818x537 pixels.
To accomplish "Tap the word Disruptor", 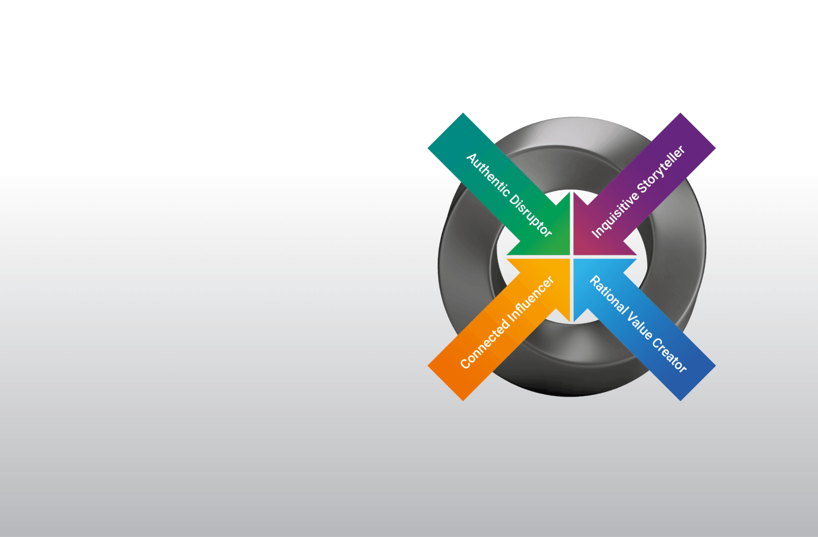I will click(x=531, y=215).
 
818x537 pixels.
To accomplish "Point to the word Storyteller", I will click(x=661, y=169).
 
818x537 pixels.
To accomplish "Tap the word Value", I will click(x=640, y=325).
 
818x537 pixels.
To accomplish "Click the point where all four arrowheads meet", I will click(x=571, y=257).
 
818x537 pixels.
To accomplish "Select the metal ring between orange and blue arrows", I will click(x=571, y=358).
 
